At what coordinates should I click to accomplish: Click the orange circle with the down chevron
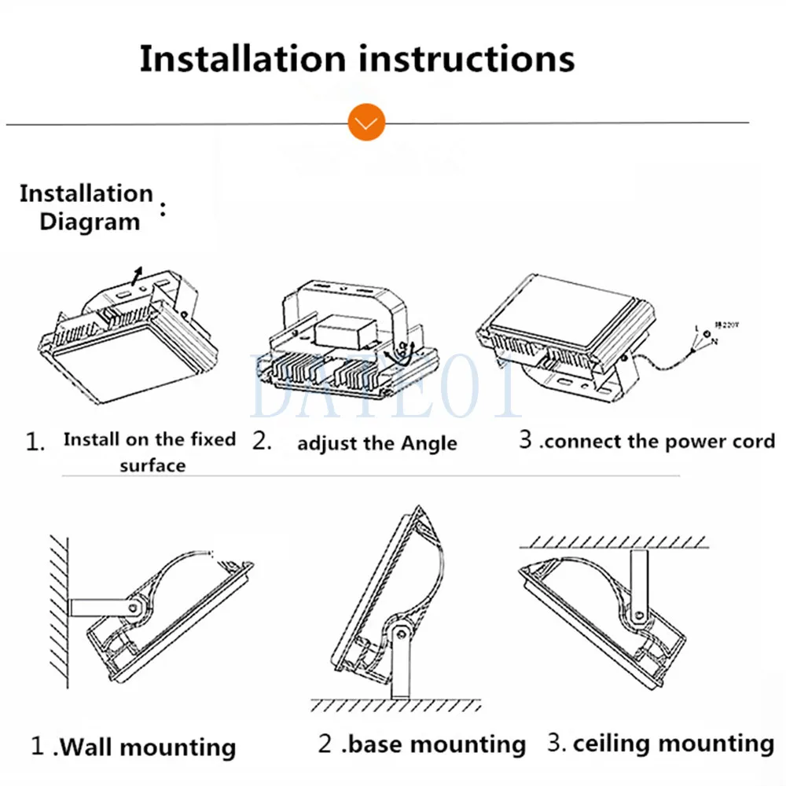coord(366,123)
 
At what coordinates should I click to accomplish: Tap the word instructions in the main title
coord(465,60)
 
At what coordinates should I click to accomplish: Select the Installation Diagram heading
coord(87,208)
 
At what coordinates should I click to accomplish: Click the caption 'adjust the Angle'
coord(376,443)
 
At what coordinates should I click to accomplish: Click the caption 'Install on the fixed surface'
coord(150,452)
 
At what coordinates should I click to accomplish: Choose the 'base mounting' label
coord(435,744)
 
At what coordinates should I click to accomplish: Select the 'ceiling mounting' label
coord(673,743)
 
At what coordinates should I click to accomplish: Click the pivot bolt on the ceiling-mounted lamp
coord(638,615)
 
